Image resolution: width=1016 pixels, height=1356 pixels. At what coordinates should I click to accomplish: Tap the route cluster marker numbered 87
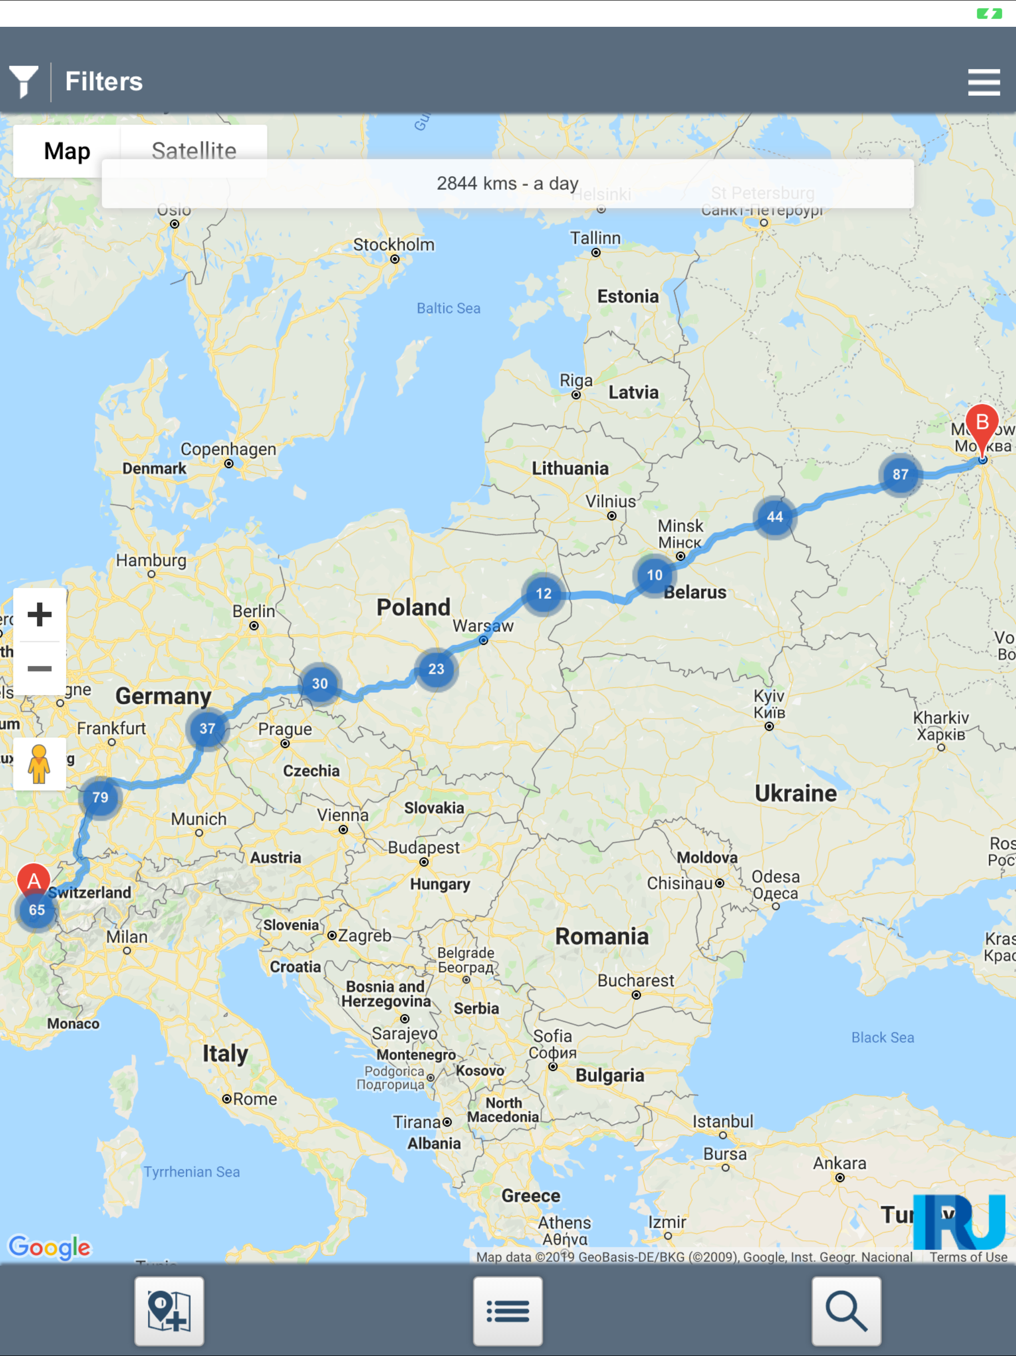[x=899, y=475]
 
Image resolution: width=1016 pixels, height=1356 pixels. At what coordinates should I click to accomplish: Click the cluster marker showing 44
[x=774, y=517]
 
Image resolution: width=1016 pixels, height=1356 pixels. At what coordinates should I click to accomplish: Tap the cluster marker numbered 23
[x=436, y=669]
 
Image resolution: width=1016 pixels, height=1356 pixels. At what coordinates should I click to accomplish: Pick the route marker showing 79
[x=100, y=797]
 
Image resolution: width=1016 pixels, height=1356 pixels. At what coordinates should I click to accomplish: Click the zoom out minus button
[x=40, y=668]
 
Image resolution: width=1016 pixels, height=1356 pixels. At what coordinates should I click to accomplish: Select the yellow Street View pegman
[x=40, y=764]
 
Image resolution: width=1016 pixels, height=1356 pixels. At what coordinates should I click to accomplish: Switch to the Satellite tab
[x=193, y=151]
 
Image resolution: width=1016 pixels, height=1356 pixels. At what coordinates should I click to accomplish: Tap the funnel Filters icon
[x=24, y=81]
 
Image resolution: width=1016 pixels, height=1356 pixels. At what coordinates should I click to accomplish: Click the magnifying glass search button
[x=846, y=1311]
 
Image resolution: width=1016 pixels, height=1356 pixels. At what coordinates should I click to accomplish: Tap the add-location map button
[x=169, y=1311]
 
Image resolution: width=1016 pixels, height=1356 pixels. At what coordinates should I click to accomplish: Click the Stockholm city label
[x=393, y=245]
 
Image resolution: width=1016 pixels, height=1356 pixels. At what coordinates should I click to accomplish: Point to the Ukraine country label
[x=795, y=793]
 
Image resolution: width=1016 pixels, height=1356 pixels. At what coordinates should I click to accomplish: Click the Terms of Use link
[x=968, y=1257]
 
